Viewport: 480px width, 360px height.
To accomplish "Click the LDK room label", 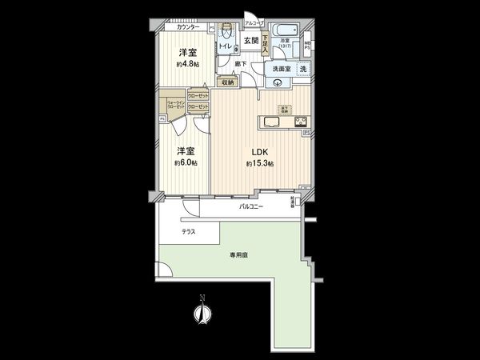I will coord(259,152).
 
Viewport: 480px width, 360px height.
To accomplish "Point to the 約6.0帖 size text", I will coord(187,162).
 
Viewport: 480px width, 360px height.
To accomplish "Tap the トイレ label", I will coord(226,46).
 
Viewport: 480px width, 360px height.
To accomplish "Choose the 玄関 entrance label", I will coord(250,41).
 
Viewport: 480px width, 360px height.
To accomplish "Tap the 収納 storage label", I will coord(228,82).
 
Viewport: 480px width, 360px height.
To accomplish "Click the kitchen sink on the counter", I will coord(269,123).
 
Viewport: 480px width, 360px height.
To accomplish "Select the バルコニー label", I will coord(253,206).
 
